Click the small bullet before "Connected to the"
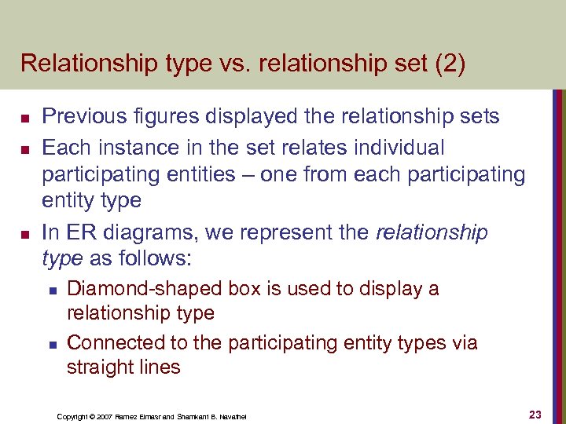coord(52,344)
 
